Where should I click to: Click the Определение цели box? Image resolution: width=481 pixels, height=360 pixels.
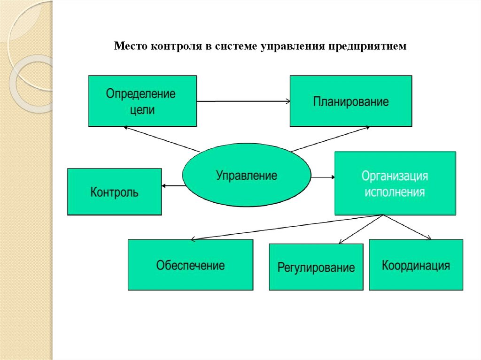(142, 101)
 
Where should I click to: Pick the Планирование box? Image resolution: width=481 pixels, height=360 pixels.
(350, 101)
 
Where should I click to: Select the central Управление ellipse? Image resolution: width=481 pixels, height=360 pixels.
(246, 175)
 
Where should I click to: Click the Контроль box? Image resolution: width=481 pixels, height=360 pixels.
(114, 191)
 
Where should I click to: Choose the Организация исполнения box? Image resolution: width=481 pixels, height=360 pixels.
(395, 183)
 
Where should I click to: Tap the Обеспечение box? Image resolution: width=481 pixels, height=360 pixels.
(190, 265)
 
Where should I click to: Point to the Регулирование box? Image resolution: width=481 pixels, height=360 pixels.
(316, 267)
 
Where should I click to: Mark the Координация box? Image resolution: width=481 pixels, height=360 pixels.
(416, 265)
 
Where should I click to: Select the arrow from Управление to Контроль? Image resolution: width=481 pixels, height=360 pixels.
(172, 186)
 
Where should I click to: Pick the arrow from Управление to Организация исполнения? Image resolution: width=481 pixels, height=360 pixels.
(323, 177)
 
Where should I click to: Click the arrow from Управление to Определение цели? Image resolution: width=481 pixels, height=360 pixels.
(162, 139)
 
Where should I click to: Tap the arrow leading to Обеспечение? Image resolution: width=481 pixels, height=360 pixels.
(287, 228)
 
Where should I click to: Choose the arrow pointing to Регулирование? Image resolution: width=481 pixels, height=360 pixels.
(362, 229)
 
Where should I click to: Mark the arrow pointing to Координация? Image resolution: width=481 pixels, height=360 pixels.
(407, 228)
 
